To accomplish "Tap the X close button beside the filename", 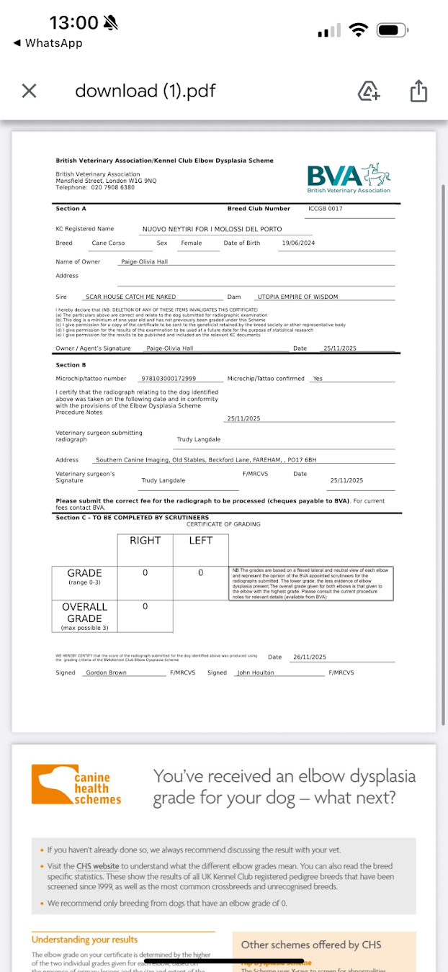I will click(29, 91).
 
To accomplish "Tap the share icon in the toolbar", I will click(418, 91).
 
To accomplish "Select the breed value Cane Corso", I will click(108, 243).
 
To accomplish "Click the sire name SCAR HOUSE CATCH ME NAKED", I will click(130, 297).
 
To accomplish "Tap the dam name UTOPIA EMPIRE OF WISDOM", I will click(297, 297).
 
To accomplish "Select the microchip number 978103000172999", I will click(169, 379).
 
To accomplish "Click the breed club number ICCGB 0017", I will click(325, 209).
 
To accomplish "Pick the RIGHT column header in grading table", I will click(145, 541).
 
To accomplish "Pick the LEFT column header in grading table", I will click(200, 541).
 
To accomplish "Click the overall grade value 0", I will click(145, 607).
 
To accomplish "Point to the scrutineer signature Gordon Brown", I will click(106, 672).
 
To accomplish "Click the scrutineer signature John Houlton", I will click(256, 672).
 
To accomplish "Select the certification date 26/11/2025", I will click(309, 657).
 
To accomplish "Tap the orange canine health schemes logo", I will click(76, 787).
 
